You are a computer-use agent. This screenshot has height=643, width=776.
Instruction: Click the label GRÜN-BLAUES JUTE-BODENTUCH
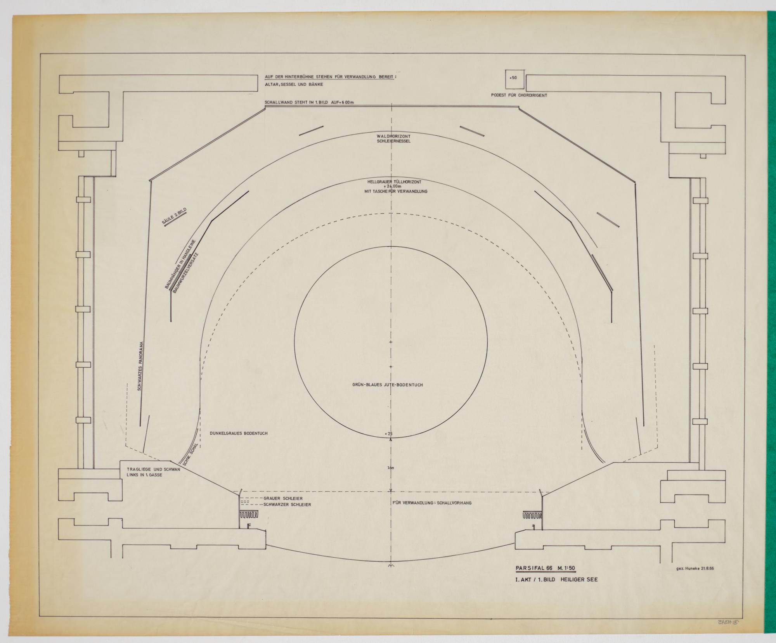[x=386, y=385]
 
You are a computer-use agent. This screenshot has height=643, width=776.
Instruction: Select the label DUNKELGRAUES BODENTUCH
[x=238, y=433]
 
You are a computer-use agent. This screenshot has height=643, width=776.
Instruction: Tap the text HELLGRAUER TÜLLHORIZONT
[x=394, y=181]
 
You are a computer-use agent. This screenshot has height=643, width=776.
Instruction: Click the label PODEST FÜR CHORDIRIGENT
[x=519, y=95]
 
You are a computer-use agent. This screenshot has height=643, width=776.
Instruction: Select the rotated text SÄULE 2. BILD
[x=175, y=216]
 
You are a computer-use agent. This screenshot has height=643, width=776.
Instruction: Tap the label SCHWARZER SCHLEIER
[x=287, y=505]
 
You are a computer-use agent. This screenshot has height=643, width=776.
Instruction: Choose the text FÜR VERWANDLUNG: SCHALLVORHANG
[x=432, y=503]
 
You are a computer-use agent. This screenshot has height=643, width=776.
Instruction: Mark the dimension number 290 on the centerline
[x=391, y=468]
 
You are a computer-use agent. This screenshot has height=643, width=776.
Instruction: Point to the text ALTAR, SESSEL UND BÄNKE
[x=294, y=84]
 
